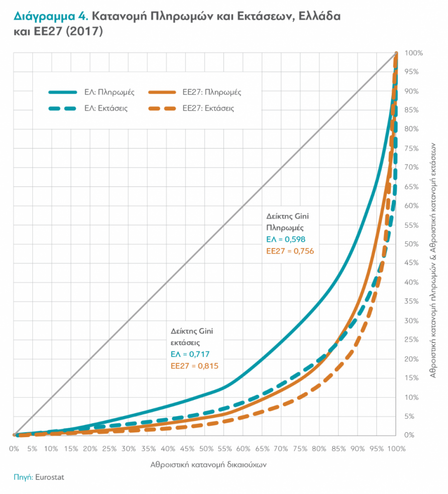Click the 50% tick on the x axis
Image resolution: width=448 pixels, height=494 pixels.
[205, 449]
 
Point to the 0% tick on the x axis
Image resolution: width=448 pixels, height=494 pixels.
[14, 449]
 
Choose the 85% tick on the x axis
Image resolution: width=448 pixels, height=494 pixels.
[338, 449]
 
